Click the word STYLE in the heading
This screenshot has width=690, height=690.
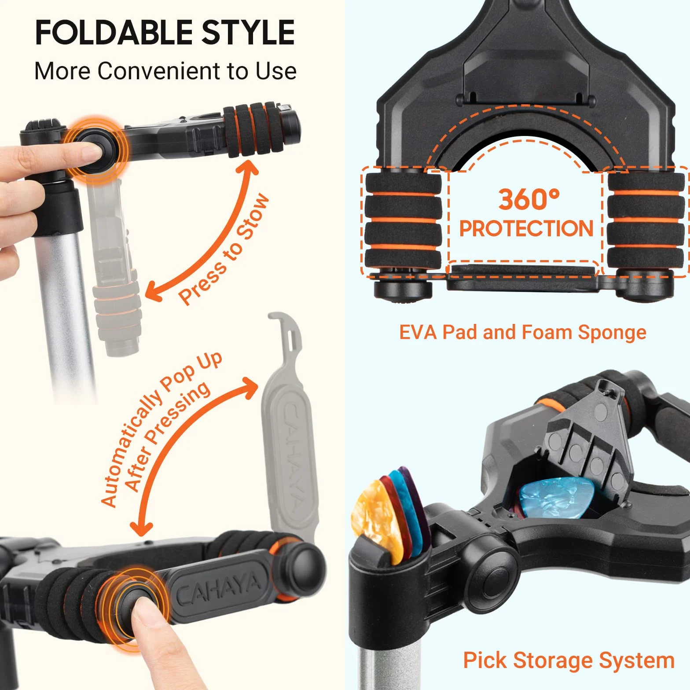click(x=248, y=32)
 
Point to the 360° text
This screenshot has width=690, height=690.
click(x=529, y=199)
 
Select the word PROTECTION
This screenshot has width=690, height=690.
click(x=526, y=228)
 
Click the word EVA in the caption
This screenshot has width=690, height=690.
click(x=418, y=332)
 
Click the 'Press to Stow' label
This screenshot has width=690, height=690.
click(x=223, y=249)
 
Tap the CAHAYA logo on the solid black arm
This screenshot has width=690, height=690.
click(x=218, y=589)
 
